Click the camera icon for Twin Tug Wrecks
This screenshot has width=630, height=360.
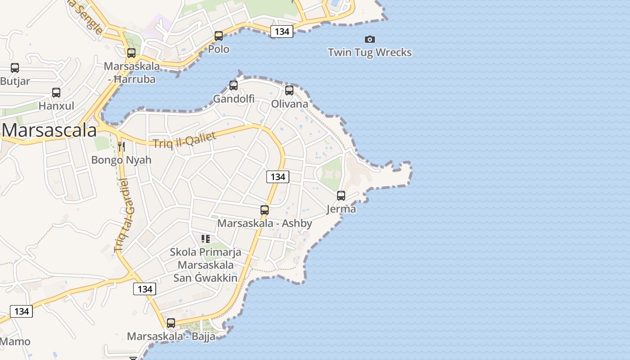pyautogui.click(x=370, y=39)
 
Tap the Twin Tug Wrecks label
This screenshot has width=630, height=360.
pyautogui.click(x=370, y=53)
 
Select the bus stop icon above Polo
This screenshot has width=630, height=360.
pyautogui.click(x=219, y=36)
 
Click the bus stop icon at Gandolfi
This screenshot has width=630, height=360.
pyautogui.click(x=234, y=85)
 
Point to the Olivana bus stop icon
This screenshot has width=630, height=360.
pyautogui.click(x=289, y=90)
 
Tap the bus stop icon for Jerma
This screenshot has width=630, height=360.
pyautogui.click(x=341, y=195)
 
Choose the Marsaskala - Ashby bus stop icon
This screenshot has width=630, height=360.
pyautogui.click(x=265, y=210)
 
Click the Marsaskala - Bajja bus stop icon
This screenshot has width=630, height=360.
pyautogui.click(x=171, y=323)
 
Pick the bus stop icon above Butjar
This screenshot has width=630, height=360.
pyautogui.click(x=15, y=68)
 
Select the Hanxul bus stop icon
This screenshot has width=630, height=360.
pyautogui.click(x=56, y=93)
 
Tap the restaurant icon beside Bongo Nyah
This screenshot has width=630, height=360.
pyautogui.click(x=121, y=146)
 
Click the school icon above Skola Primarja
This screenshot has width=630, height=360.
pyautogui.click(x=206, y=238)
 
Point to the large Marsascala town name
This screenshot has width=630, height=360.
pyautogui.click(x=49, y=130)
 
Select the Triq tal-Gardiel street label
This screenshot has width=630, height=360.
pyautogui.click(x=125, y=215)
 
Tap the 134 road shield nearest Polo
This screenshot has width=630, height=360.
pyautogui.click(x=282, y=31)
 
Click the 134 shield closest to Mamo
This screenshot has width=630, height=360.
pyautogui.click(x=22, y=311)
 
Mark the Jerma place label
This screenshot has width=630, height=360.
pyautogui.click(x=341, y=209)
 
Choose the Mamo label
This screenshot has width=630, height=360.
pyautogui.click(x=15, y=342)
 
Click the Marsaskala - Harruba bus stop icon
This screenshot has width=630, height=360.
pyautogui.click(x=131, y=53)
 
